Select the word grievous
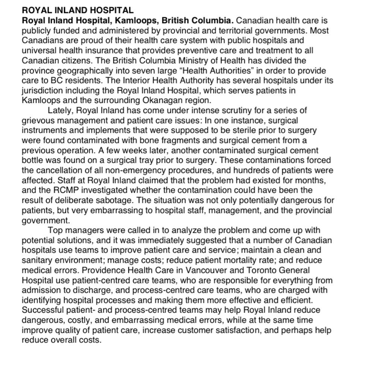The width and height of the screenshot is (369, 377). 38,121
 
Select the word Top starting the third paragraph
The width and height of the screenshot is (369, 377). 55,230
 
